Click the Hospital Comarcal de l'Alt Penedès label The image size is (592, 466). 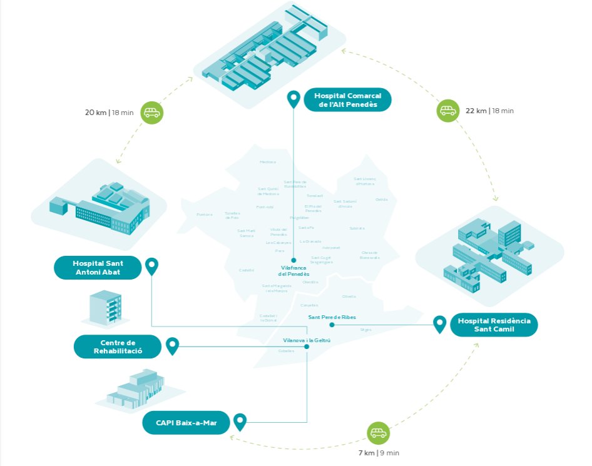coord(347,100)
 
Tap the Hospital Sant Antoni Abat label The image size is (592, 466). coord(97,268)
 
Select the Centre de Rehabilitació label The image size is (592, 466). coord(118,347)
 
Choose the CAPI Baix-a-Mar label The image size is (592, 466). coord(186,422)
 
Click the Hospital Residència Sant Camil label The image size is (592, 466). coord(494,325)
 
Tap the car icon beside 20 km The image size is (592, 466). coord(151,113)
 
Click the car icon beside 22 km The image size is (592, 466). coord(447,111)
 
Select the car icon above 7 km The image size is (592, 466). coord(377,433)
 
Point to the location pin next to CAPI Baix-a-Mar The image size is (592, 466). coord(240,422)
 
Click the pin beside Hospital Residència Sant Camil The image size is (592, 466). coord(440,324)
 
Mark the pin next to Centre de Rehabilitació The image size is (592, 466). coord(172,345)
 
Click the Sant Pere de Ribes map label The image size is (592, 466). coord(332,317)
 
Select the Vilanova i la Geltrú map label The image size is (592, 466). coord(306,340)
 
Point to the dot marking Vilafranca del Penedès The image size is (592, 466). coord(293,260)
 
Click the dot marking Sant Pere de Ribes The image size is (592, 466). coord(332,325)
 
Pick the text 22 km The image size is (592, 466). coord(476,111)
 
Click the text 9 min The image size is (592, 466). coord(389,453)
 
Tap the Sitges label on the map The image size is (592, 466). coord(365,329)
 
